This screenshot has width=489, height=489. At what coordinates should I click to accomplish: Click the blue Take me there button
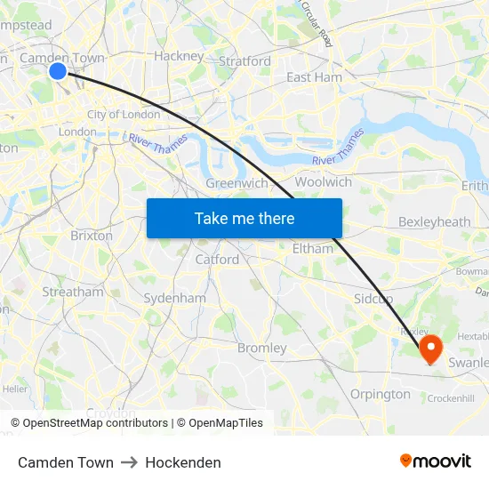coord(244,218)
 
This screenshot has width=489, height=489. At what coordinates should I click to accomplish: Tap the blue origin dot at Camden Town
coord(58,70)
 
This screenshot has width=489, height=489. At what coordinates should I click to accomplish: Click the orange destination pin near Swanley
coord(430,348)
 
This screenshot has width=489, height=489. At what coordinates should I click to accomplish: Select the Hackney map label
coord(179,55)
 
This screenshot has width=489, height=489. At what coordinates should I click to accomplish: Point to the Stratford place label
coord(244,61)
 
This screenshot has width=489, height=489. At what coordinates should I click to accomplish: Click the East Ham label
coord(314,77)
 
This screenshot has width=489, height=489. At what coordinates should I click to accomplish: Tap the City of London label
coord(124,114)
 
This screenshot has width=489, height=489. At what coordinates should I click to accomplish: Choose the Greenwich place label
coord(236,183)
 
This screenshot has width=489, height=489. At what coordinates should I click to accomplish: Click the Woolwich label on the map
coord(323,181)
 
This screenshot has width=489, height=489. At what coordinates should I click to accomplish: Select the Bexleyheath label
coord(434,221)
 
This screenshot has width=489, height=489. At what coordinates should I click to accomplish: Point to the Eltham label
coord(313,249)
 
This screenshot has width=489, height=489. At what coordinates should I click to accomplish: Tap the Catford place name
coord(217,260)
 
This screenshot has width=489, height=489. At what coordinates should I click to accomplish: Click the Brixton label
coord(91,236)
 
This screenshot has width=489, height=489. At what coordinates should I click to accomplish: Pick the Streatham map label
coord(73,292)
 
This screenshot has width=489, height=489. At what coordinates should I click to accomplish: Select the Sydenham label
coord(174,298)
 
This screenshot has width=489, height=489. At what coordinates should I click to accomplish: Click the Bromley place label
coord(261,348)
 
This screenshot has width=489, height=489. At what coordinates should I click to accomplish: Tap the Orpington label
coord(381,394)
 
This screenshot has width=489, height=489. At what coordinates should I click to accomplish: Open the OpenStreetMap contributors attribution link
coord(95,423)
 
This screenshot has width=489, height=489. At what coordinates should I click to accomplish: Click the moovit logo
coord(436,461)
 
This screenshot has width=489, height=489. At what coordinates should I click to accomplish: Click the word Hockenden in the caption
coord(183,462)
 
